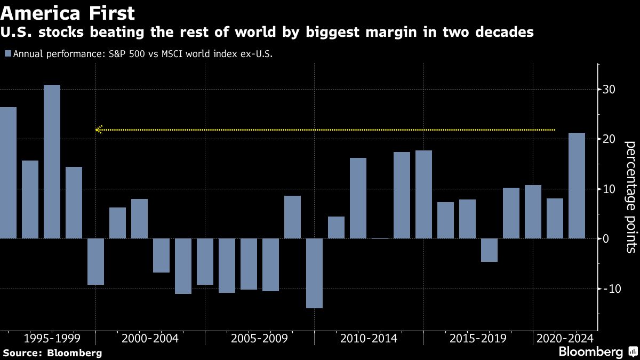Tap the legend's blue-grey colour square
click(7, 54)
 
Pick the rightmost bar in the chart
click(577, 185)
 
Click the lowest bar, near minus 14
click(314, 273)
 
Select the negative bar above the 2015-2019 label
click(489, 250)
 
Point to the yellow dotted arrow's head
click(98, 130)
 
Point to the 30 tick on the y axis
click(610, 90)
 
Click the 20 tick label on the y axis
click(610, 139)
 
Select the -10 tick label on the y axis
click(609, 289)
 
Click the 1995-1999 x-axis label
click(52, 338)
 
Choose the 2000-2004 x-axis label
click(150, 338)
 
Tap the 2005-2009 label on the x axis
click(259, 338)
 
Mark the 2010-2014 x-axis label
click(369, 338)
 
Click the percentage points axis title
click(630, 196)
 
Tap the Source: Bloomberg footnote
click(52, 353)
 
